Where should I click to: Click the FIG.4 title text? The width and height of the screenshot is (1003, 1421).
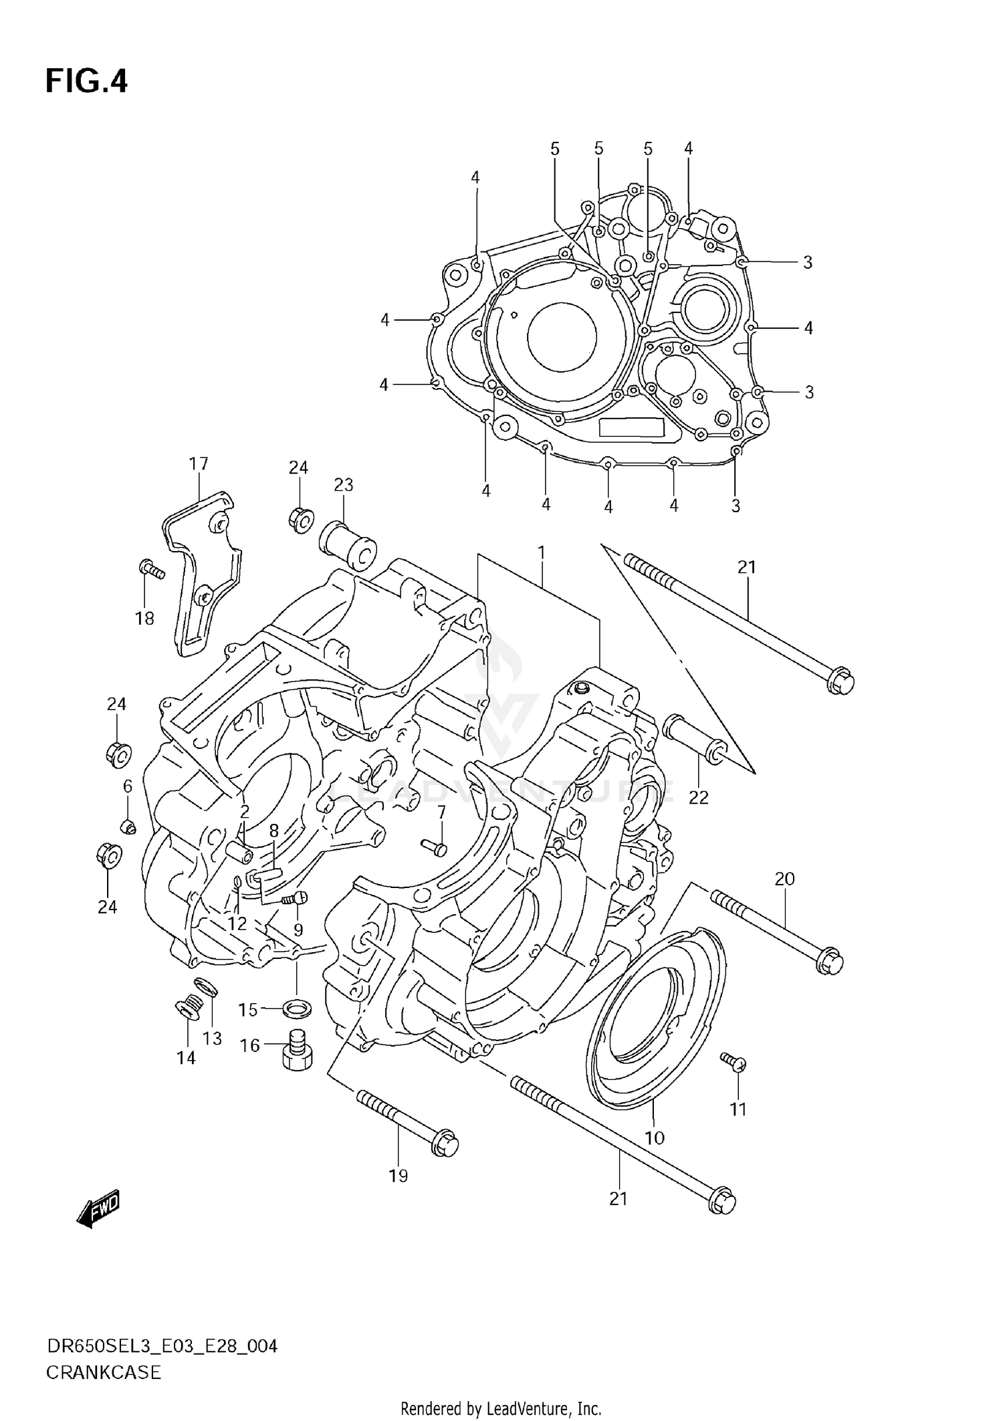(86, 82)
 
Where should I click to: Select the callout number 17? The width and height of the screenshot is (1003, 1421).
(199, 463)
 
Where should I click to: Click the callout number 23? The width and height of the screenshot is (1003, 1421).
(343, 485)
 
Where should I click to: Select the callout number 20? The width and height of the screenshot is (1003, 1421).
(784, 878)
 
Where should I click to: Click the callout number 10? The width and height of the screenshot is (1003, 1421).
(654, 1137)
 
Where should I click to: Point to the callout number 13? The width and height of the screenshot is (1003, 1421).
(212, 1039)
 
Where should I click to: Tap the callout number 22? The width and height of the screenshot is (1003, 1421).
(698, 797)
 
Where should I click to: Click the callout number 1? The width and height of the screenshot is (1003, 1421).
(541, 553)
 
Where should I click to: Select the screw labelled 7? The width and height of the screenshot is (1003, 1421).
(435, 847)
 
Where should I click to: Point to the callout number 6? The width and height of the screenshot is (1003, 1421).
(127, 786)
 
